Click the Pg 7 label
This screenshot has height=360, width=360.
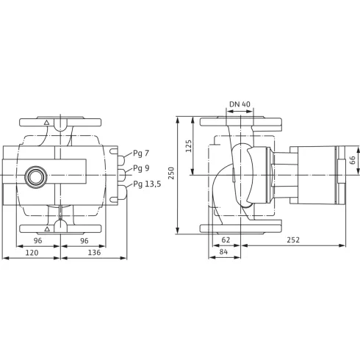pos(141,154)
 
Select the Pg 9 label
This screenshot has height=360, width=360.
pos(141,168)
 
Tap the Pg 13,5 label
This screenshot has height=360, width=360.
pos(147,184)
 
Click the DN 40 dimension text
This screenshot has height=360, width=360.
pos(240,104)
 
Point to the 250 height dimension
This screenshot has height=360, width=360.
pos(172,173)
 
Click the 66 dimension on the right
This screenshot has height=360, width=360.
pos(352,159)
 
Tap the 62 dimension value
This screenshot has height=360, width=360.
pos(226,240)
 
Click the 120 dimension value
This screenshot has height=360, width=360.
pos(31,253)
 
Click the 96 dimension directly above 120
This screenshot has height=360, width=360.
pos(38,240)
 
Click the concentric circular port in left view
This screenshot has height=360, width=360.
pos(34,176)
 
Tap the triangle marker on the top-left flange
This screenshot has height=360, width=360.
pos(46,123)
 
